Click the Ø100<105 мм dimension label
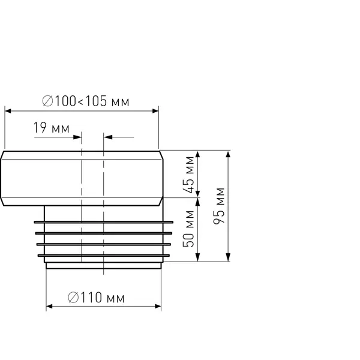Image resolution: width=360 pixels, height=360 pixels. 86,101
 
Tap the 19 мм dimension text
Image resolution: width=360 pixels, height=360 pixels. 52,128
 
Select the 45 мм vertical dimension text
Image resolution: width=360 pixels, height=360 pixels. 189,175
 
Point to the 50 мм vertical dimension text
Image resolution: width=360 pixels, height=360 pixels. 189,229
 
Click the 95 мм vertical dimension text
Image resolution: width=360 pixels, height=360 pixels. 219,206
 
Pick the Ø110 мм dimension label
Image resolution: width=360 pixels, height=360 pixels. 96,298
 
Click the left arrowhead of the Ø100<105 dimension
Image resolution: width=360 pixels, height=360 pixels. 8,111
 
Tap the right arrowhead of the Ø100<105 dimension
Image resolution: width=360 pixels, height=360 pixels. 155,111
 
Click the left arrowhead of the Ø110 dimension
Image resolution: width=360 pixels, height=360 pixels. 49,307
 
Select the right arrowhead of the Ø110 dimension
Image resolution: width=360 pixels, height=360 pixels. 158,307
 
